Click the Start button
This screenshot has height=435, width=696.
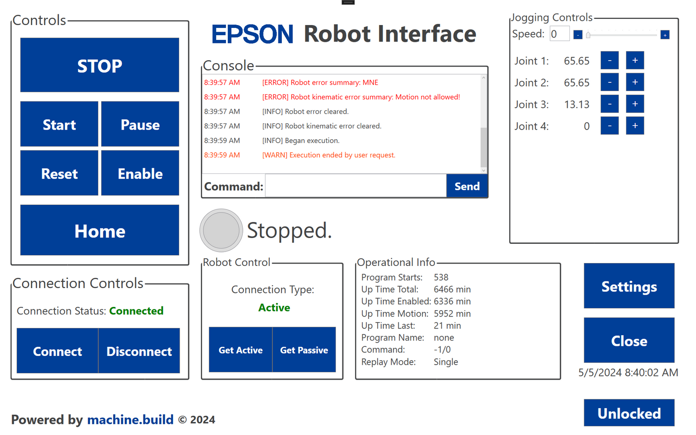point(59,124)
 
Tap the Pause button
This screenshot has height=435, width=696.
point(140,124)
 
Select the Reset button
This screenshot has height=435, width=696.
point(59,173)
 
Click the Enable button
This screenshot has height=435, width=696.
point(140,173)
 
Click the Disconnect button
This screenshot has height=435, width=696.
point(139,351)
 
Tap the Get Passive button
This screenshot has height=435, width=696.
point(304,350)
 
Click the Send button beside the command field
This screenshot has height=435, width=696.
point(467,186)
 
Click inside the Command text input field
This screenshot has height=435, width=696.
point(355,186)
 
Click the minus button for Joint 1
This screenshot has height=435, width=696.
point(609,61)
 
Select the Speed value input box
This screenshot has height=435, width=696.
point(559,34)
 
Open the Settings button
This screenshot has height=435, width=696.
point(629,287)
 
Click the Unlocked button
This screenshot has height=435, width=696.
point(629,413)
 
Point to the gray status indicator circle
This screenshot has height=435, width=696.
point(221,230)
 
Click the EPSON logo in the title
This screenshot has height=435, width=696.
point(252,34)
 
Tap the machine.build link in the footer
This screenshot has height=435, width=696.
point(130,420)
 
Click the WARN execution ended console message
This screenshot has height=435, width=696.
point(328,155)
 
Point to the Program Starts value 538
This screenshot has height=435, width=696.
point(441,277)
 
